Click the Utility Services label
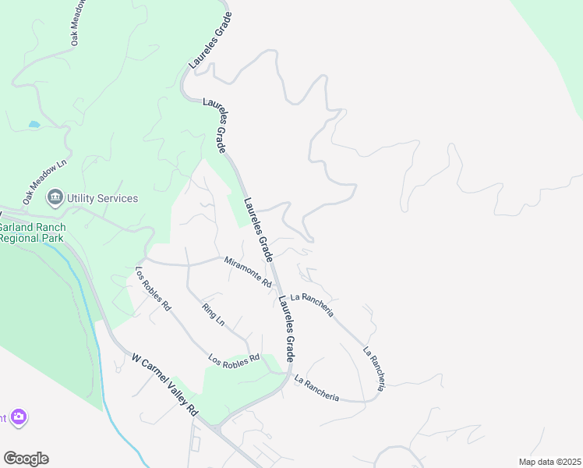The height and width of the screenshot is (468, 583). (102, 198)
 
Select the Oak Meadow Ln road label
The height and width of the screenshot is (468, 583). (45, 181)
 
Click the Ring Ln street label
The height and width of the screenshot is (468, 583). (213, 314)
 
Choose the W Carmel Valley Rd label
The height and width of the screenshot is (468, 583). (164, 387)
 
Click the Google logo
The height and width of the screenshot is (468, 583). (26, 458)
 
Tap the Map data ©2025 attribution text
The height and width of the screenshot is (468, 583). (549, 462)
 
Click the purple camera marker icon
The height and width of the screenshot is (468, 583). (19, 418)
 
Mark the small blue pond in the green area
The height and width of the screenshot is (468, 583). (34, 124)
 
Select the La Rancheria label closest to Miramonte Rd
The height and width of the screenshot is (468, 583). (312, 305)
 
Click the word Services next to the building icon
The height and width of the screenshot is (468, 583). (118, 198)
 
